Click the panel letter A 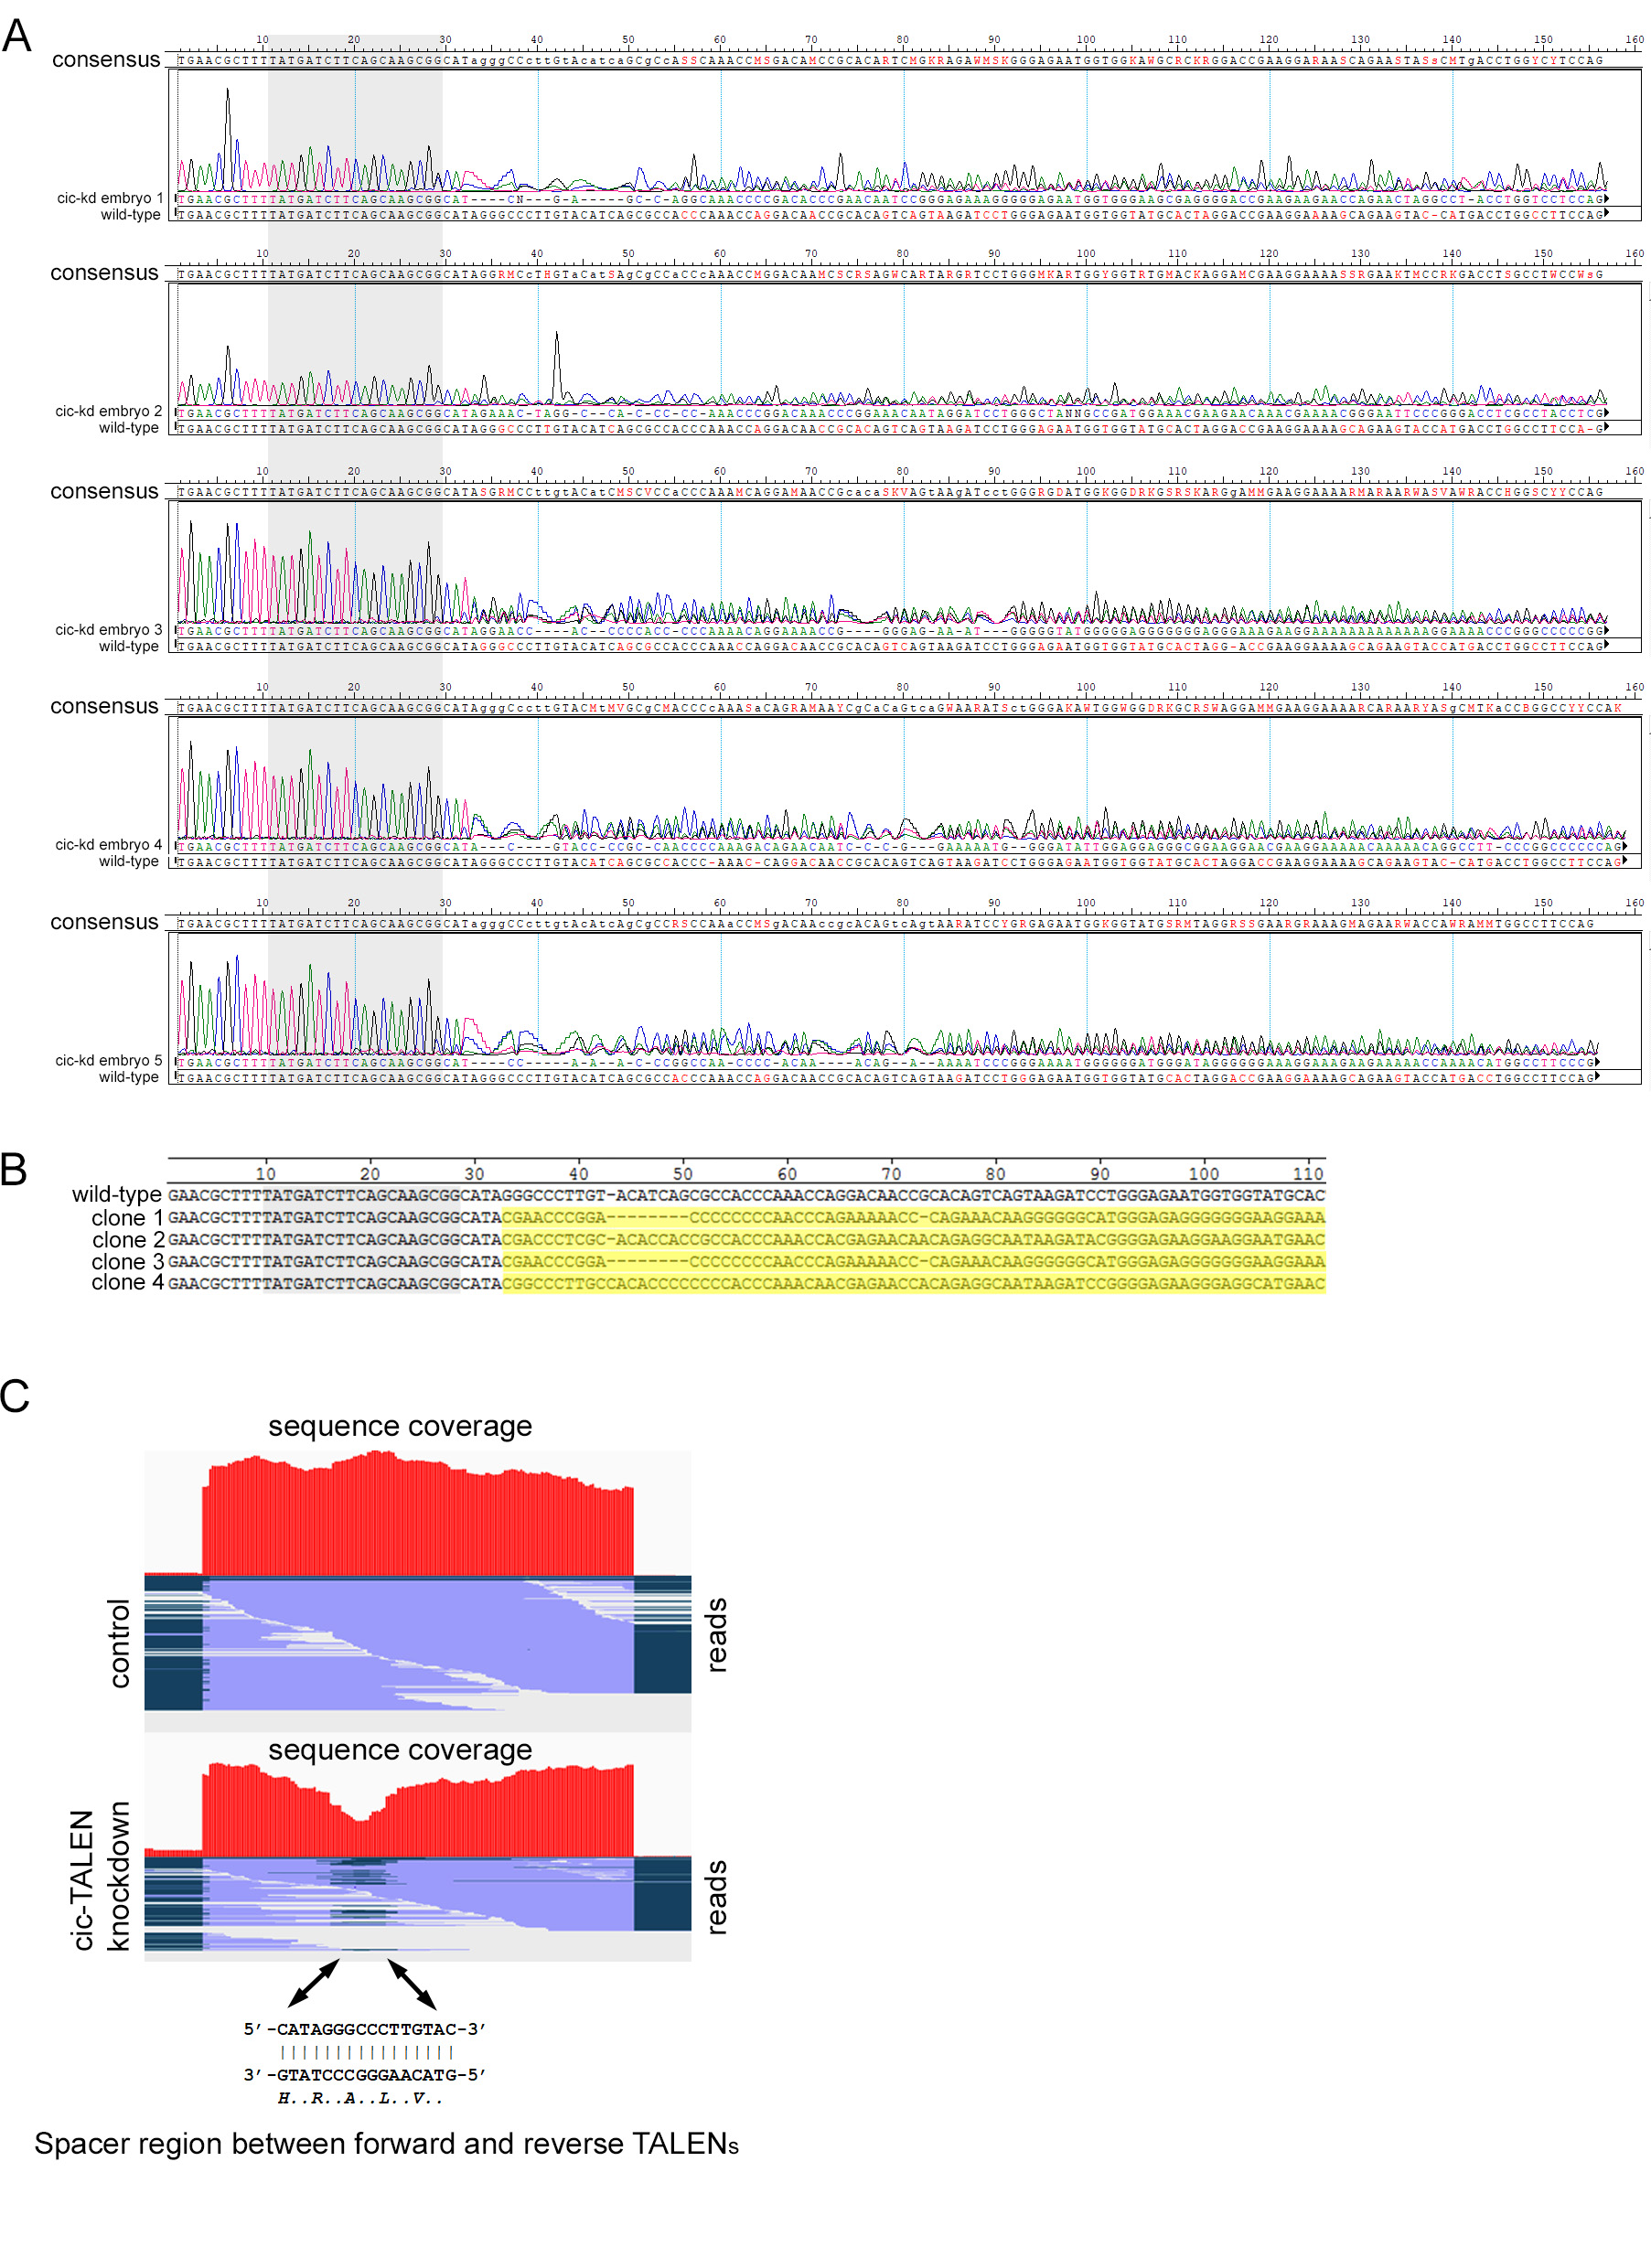click(x=17, y=36)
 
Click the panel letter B click(x=14, y=1170)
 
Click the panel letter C click(x=15, y=1396)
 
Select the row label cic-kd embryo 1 click(x=109, y=198)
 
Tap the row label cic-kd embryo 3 click(x=108, y=629)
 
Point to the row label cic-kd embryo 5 click(x=108, y=1060)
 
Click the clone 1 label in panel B click(x=127, y=1218)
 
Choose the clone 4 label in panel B click(x=127, y=1283)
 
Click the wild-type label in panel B click(x=116, y=1195)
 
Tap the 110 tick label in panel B click(x=1308, y=1174)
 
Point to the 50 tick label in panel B click(x=682, y=1174)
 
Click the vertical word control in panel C click(x=119, y=1643)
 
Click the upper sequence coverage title click(x=400, y=1427)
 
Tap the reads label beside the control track click(x=716, y=1634)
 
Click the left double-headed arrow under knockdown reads click(x=314, y=1984)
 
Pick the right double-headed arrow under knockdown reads click(x=412, y=1985)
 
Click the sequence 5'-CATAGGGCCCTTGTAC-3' click(x=365, y=2029)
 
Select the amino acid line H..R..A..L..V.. click(x=359, y=2098)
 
